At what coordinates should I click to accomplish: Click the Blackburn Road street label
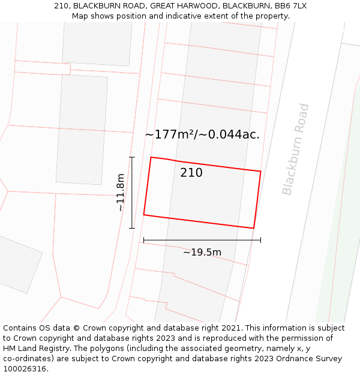pos(296,149)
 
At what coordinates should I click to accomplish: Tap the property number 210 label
pos(191,173)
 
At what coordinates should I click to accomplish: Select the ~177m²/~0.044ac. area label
pos(202,134)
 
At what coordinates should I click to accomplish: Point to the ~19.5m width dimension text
pos(202,252)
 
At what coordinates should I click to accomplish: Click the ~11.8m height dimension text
pos(120,192)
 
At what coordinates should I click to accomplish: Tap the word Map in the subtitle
pos(80,16)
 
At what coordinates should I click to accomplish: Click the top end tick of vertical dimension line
pos(132,157)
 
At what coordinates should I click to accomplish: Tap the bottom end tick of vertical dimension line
pos(132,228)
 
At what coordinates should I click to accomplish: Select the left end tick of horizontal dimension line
pos(144,241)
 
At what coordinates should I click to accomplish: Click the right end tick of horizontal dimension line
pos(260,241)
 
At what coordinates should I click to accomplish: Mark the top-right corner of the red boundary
pos(260,172)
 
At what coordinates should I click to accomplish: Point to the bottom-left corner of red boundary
pos(144,214)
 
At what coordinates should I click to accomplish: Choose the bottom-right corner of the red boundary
pos(253,228)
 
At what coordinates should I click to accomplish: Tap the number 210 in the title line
pos(61,6)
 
